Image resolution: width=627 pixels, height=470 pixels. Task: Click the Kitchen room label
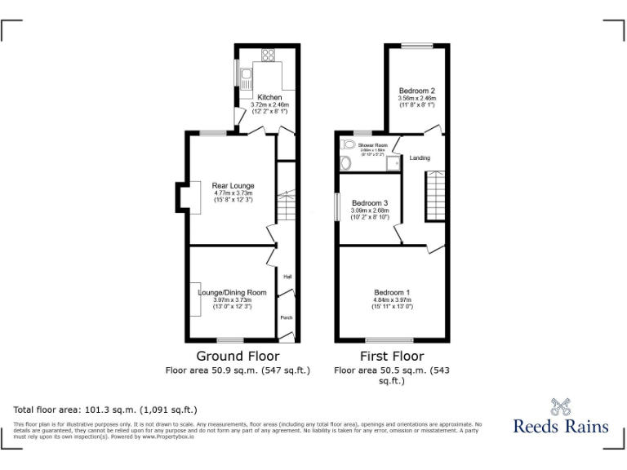269,97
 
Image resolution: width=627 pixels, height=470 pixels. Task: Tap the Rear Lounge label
233,186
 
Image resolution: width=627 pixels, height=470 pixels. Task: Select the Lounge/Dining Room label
233,292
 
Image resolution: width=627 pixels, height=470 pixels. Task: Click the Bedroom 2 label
416,91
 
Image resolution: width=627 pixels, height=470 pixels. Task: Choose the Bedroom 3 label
370,202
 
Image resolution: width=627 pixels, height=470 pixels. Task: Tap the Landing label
420,157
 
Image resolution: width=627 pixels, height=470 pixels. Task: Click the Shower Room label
370,144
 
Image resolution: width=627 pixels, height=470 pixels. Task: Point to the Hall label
287,277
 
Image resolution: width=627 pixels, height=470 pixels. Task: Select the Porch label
287,317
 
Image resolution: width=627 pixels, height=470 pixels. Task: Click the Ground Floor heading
238,356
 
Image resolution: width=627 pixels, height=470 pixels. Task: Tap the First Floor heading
392,356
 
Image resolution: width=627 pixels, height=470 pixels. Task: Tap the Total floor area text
105,410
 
